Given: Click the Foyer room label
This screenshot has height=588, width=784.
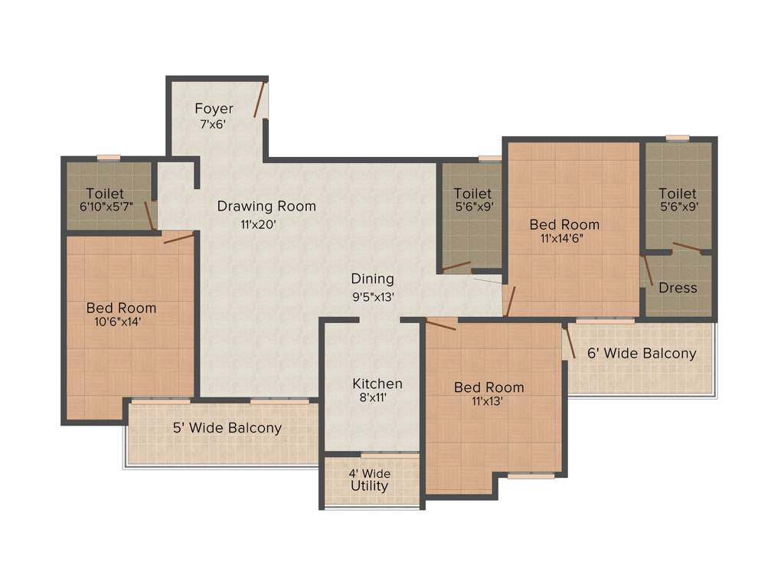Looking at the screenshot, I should coord(214,109).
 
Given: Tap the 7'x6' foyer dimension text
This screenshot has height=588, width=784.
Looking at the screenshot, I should coord(213,123).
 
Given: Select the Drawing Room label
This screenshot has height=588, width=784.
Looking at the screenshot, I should coord(266,206).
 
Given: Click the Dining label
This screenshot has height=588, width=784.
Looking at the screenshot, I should coord(373,279).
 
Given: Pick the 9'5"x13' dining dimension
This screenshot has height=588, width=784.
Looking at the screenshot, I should coord(373,296).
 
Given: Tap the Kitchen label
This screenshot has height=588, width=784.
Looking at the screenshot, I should coord(377,384).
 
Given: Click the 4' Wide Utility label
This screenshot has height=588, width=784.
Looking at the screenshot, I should coord(370,480).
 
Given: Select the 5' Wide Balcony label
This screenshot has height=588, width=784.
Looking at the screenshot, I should coord(227,428).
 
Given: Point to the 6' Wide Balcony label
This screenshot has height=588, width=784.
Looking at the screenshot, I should coord(642,354).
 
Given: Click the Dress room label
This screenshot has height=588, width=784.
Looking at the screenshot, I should coord(678,288).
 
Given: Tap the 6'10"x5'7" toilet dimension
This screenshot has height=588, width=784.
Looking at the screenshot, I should coord(106,207).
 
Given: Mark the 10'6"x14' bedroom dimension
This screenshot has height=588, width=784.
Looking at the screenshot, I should coord(118,322).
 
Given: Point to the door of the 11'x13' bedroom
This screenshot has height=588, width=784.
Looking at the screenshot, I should coord(440,325).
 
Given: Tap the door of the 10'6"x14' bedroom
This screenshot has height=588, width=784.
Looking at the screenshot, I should coord(178,237).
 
